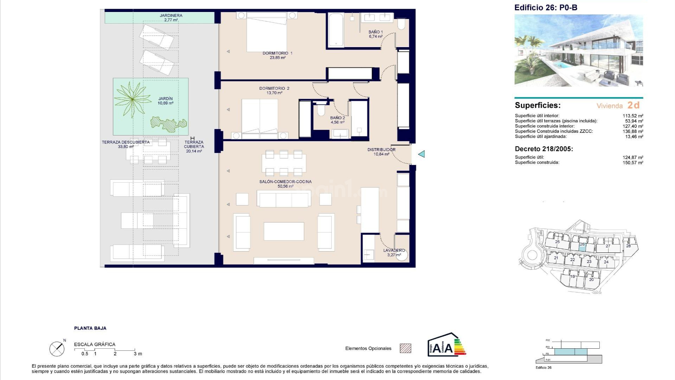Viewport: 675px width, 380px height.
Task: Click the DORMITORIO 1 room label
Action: [277, 53]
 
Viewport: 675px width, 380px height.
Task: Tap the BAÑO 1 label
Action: [375, 32]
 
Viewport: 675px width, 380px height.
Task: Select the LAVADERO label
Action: [394, 251]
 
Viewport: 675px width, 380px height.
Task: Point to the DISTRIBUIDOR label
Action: [381, 150]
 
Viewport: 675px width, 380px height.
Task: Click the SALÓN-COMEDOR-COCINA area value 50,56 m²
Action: [285, 186]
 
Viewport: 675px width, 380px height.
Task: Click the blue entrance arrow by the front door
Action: [421, 154]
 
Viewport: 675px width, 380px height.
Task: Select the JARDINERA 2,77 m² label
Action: [171, 18]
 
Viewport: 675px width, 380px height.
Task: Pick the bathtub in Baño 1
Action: [336, 30]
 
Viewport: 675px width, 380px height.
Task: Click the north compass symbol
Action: [57, 349]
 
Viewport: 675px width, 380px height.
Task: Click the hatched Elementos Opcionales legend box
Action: [405, 348]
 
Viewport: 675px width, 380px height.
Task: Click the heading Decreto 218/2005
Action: [544, 149]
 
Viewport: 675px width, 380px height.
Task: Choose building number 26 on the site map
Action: [582, 245]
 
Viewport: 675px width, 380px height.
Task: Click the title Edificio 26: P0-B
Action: [545, 8]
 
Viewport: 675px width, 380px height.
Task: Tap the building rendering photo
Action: [578, 50]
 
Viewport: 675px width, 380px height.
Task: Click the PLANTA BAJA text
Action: [90, 328]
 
